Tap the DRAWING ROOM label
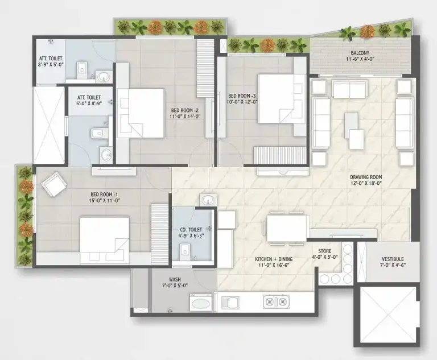[x=366, y=177]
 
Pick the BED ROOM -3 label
[x=243, y=95]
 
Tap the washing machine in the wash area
[x=200, y=302]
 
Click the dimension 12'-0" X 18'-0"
[x=366, y=184]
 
